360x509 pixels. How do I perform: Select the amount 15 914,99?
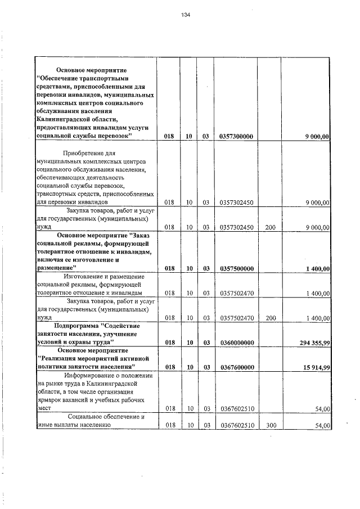point(313,367)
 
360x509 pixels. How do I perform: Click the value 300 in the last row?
point(271,426)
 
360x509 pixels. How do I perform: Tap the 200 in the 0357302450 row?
point(271,227)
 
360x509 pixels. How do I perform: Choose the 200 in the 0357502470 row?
point(271,318)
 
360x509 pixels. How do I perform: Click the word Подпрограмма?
point(79,326)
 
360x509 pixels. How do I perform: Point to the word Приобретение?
point(84,153)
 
